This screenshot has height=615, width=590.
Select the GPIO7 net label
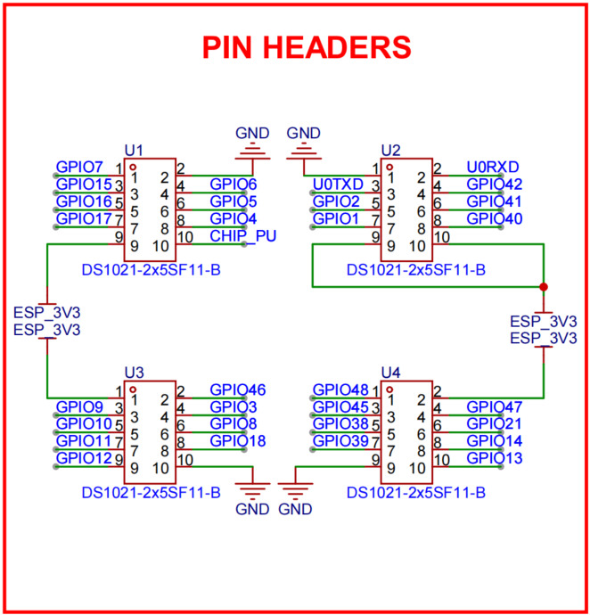(79, 167)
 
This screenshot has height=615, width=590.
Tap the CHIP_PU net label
(242, 236)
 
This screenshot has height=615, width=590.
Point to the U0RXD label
(493, 167)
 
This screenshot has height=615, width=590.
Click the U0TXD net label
(340, 184)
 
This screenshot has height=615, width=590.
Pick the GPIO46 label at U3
(237, 389)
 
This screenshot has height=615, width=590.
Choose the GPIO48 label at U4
(340, 389)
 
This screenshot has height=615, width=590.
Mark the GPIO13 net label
(494, 458)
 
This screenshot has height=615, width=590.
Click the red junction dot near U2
(544, 287)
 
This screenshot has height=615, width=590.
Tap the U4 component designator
(390, 371)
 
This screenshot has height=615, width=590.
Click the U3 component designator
(135, 371)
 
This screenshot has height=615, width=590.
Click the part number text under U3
(151, 491)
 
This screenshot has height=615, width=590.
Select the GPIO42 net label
(494, 184)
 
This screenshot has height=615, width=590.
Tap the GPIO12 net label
(83, 458)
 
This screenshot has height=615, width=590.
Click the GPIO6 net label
(234, 184)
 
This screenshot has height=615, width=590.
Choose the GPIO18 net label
(237, 441)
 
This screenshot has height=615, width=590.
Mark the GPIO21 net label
(494, 423)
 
